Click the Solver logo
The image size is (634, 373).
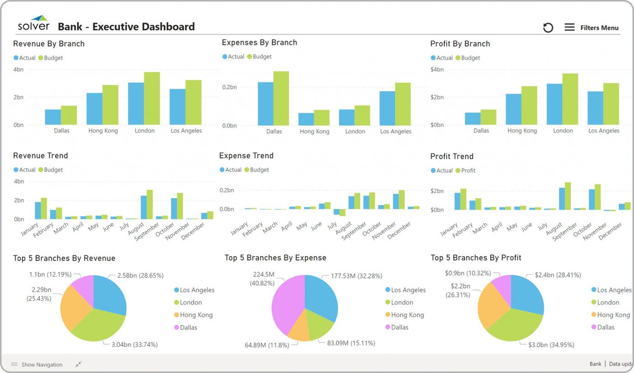33,23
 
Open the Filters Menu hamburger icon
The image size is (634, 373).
569,28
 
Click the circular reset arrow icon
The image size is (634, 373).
548,28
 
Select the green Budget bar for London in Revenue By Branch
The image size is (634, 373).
152,98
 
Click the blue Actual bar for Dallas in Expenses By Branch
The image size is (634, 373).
265,104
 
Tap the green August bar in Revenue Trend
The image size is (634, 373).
150,204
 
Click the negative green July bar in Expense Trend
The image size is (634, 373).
342,212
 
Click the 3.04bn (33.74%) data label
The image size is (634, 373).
135,345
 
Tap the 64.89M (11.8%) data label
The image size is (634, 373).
267,345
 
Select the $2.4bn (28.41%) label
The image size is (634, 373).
557,275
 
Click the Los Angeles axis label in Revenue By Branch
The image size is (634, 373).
186,131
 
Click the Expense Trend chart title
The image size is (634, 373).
246,156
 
